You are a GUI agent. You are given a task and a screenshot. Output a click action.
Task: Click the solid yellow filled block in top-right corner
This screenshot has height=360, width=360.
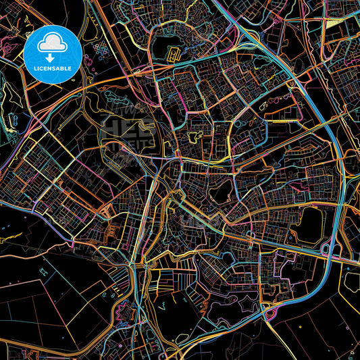334,24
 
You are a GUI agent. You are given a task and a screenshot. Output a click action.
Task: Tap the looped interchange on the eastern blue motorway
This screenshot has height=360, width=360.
329,251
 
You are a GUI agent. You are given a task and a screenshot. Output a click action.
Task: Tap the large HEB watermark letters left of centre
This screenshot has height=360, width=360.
125,132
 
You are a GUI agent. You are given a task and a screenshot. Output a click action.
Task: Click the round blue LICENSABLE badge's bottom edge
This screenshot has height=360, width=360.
52,82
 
